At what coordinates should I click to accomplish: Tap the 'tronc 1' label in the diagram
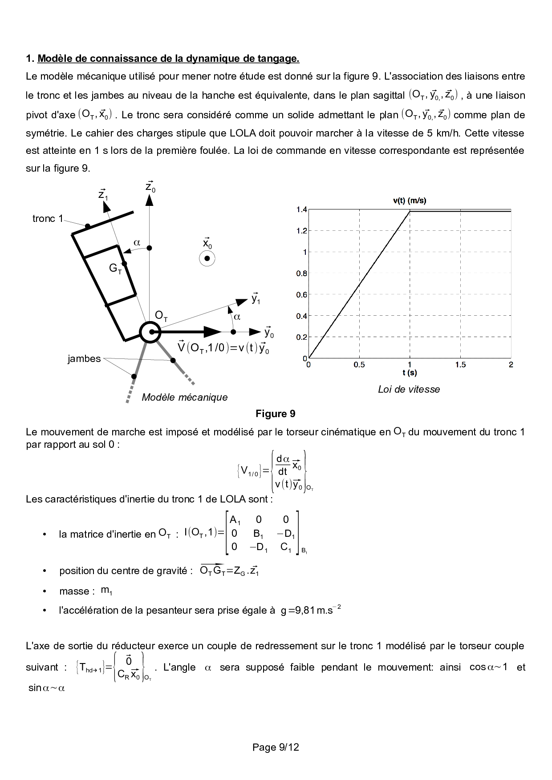click(48, 218)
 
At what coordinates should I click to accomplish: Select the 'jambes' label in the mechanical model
click(84, 358)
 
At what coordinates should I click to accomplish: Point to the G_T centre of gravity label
click(115, 269)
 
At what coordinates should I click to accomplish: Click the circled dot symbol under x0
click(207, 258)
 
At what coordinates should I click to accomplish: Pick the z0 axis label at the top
click(150, 187)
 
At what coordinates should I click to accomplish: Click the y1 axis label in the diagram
click(256, 298)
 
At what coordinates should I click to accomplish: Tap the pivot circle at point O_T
click(150, 332)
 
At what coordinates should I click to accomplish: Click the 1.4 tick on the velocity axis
click(301, 209)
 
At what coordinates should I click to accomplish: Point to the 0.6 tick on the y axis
click(301, 294)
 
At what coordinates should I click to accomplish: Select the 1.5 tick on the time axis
click(460, 365)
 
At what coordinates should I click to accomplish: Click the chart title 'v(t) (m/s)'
click(410, 201)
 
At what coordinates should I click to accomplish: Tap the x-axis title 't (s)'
click(410, 373)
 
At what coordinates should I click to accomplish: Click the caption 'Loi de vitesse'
click(409, 390)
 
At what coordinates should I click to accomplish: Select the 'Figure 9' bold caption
click(275, 414)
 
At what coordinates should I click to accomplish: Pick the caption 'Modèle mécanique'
click(184, 397)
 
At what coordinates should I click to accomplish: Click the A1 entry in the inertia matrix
click(235, 520)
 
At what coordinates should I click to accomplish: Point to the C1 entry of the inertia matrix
click(286, 547)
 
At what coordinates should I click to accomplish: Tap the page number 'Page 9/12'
click(276, 747)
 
